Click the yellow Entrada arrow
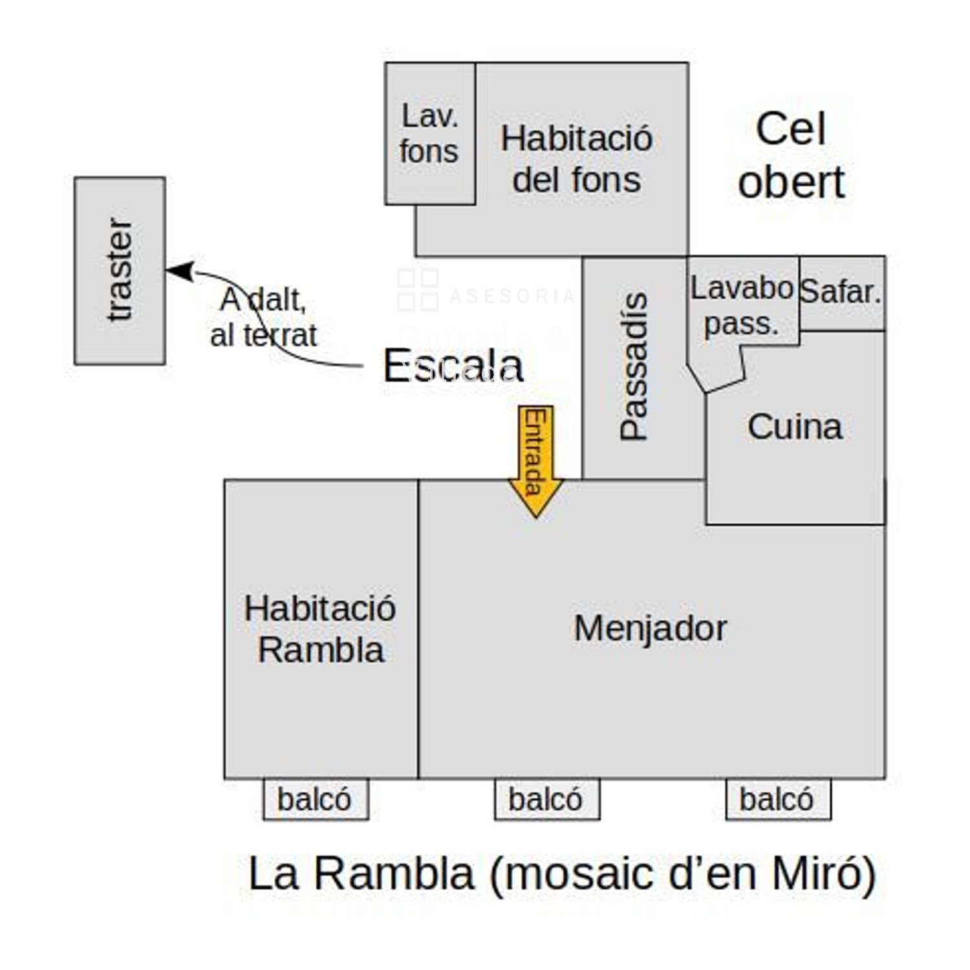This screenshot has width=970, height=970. tap(535, 459)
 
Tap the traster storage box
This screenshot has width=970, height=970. tap(120, 270)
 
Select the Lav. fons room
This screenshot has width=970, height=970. tap(430, 134)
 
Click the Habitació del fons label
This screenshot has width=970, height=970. tap(576, 159)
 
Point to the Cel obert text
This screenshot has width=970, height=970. tap(791, 155)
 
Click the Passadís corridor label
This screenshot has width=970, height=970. tap(633, 366)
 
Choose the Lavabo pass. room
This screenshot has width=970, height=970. tap(741, 306)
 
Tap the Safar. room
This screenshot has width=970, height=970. tap(841, 292)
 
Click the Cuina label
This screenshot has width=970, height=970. tap(795, 427)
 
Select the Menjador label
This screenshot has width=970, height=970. tap(651, 628)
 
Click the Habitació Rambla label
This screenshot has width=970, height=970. tap(320, 629)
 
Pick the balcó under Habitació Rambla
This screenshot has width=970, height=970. tap(315, 799)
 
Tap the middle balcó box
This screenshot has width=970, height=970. tap(546, 799)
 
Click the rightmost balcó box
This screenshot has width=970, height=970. tap(777, 799)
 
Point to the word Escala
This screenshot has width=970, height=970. tap(453, 366)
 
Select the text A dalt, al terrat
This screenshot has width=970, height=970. tap(264, 317)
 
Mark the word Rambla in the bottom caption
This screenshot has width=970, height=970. tap(395, 873)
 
